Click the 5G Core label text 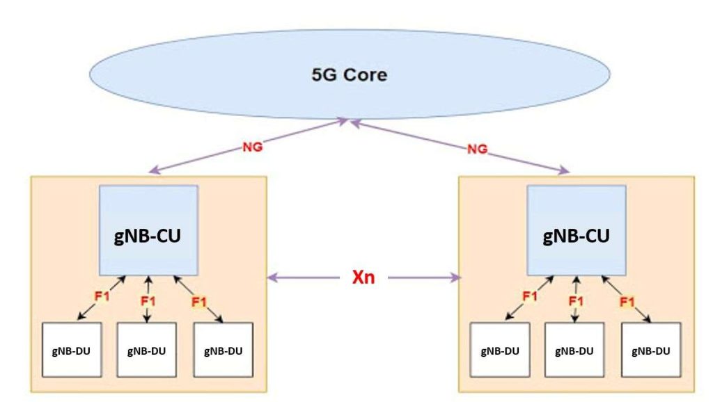click(x=349, y=74)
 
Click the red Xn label click(x=363, y=278)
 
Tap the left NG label click(x=251, y=148)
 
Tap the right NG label click(x=476, y=148)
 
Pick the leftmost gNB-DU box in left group click(x=72, y=350)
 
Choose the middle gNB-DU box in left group click(x=147, y=350)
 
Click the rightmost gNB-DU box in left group click(x=223, y=350)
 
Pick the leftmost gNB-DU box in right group click(x=499, y=350)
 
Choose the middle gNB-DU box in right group click(x=574, y=350)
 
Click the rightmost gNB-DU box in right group click(x=650, y=350)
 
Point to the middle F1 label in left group click(x=148, y=302)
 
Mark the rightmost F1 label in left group click(x=199, y=302)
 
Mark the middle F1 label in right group click(x=576, y=302)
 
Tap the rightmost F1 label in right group click(x=627, y=302)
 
